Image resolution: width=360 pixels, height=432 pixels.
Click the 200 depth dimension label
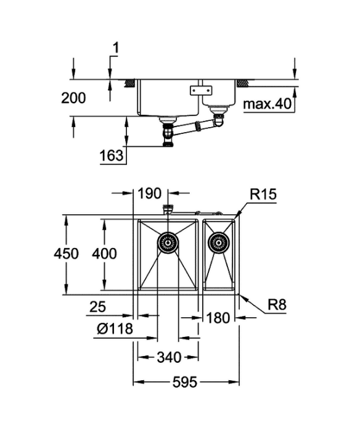(x=73, y=98)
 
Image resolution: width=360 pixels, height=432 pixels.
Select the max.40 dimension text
(x=268, y=104)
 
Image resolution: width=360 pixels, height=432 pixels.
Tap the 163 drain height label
(x=112, y=156)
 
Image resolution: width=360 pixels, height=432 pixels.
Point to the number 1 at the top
(x=116, y=48)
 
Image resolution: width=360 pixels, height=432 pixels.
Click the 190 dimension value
(x=149, y=193)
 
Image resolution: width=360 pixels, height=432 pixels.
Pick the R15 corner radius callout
(x=263, y=194)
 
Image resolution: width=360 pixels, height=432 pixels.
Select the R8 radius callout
(x=277, y=305)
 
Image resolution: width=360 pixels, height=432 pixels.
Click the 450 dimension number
(x=66, y=254)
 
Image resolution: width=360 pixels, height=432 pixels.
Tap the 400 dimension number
(x=104, y=254)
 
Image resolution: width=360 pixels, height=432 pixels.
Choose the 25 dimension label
(x=98, y=307)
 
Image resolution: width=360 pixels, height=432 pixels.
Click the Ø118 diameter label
(x=115, y=329)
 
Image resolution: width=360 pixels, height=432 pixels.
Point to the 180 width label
(x=218, y=318)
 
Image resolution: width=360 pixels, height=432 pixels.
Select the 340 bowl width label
(x=169, y=357)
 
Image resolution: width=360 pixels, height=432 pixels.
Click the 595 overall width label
(x=185, y=382)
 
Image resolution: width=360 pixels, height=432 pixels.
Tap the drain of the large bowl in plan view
(x=168, y=243)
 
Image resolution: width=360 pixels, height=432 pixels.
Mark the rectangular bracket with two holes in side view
(x=201, y=90)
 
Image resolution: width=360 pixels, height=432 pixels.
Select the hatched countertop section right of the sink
(x=242, y=83)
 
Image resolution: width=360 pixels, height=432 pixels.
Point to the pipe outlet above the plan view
(x=168, y=209)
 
